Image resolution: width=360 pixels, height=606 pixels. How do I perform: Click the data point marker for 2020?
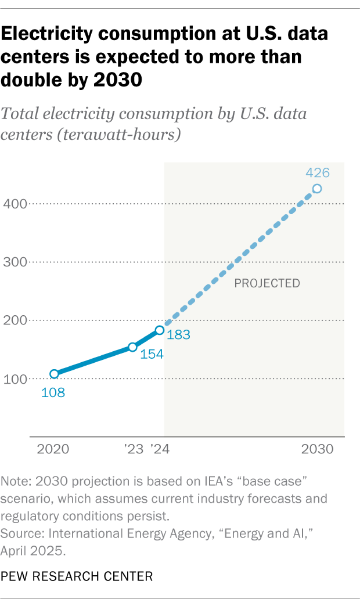pyautogui.click(x=54, y=374)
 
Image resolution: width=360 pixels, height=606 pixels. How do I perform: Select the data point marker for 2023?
pyautogui.click(x=133, y=347)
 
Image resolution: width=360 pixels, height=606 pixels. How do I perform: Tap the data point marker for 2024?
pyautogui.click(x=160, y=330)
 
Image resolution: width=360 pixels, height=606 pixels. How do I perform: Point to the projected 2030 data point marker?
pyautogui.click(x=317, y=189)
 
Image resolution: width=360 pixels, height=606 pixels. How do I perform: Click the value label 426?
pyautogui.click(x=317, y=173)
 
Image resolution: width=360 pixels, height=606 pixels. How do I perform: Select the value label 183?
pyautogui.click(x=178, y=334)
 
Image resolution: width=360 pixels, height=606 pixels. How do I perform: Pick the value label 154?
pyautogui.click(x=152, y=354)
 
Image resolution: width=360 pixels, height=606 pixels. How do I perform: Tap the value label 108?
pyautogui.click(x=53, y=393)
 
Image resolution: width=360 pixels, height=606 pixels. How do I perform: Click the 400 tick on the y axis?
pyautogui.click(x=15, y=204)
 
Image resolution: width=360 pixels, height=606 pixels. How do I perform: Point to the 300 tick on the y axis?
pyautogui.click(x=15, y=262)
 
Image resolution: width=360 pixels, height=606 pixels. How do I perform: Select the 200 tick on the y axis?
pyautogui.click(x=15, y=320)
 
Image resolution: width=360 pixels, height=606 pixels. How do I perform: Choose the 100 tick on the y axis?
pyautogui.click(x=15, y=379)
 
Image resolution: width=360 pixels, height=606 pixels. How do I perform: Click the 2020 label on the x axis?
pyautogui.click(x=53, y=449)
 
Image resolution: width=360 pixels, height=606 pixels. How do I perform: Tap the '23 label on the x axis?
pyautogui.click(x=134, y=449)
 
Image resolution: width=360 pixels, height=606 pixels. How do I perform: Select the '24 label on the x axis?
pyautogui.click(x=160, y=449)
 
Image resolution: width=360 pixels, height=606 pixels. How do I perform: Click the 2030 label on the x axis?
pyautogui.click(x=317, y=449)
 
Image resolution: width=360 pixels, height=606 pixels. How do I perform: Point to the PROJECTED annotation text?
pyautogui.click(x=267, y=283)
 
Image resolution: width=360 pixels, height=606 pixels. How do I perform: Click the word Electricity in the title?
pyautogui.click(x=47, y=34)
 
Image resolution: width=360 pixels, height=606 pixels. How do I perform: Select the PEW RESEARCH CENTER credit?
pyautogui.click(x=76, y=576)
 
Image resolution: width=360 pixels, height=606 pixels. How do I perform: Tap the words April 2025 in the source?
pyautogui.click(x=32, y=551)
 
